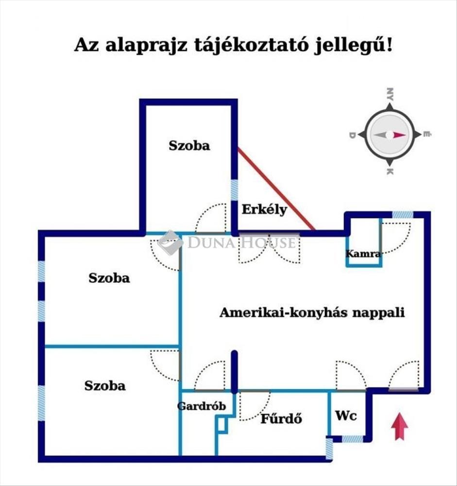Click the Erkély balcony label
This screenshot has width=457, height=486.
pos(265,210)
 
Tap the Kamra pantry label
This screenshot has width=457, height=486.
pos(363,253)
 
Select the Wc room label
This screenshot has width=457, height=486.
pos(346,416)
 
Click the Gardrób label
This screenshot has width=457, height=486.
pos(202,406)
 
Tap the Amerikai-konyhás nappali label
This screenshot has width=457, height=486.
pos(312,312)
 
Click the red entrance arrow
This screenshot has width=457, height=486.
pos(399,426)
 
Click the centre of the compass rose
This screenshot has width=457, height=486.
pos(389,135)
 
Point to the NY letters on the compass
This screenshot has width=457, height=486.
pos(389,94)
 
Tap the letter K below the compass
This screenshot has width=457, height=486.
pos(389,172)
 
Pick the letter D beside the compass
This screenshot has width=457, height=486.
pos(353,135)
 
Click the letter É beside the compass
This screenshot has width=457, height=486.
pos(426,135)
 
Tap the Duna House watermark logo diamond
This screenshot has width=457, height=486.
pos(170,243)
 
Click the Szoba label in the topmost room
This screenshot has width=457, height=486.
pos(189,145)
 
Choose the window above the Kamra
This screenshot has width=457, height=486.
pos(403,214)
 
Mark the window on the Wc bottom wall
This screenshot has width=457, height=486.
pos(352,438)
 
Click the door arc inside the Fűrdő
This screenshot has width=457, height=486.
pos(254,406)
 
